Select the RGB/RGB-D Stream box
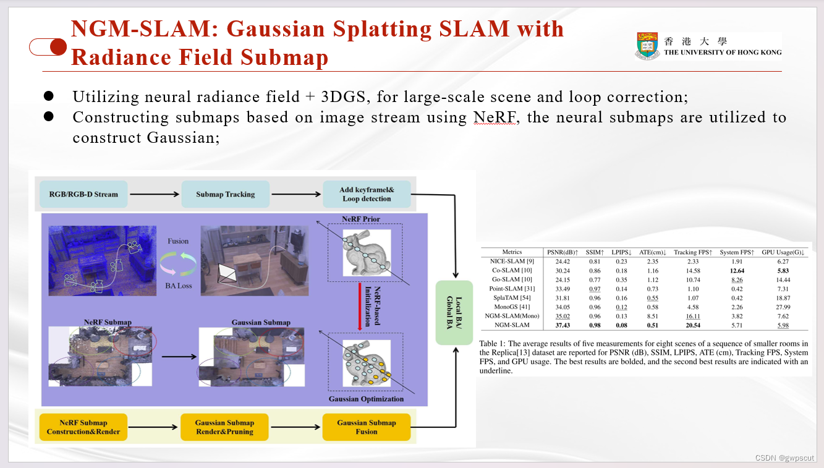pos(83,194)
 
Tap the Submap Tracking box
pos(225,194)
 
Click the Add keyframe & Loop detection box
pos(367,194)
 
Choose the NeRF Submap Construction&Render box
pos(83,427)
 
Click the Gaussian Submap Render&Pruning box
pos(224,427)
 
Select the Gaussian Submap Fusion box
pos(366,427)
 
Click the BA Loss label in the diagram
pos(178,286)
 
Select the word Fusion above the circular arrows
pos(178,241)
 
